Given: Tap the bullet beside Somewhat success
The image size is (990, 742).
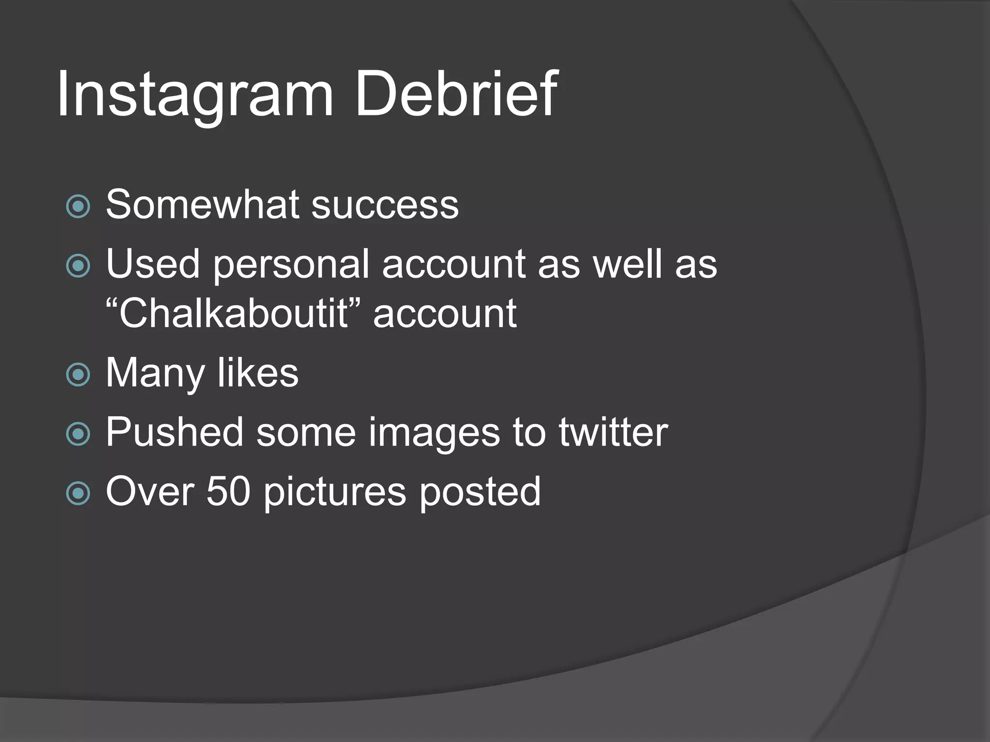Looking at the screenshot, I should [78, 207].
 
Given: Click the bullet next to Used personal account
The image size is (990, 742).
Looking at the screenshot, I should [78, 266].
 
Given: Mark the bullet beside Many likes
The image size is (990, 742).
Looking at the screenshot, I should [78, 375].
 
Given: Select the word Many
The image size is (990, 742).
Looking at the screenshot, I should [155, 373].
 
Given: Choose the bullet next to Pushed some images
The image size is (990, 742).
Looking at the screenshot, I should [78, 434].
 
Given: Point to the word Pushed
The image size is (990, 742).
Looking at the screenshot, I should [175, 432].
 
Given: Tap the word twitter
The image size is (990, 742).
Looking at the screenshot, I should [613, 432].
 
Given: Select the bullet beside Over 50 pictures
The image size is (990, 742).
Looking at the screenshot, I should [78, 493].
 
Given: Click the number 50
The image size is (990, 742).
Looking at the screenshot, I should [229, 491].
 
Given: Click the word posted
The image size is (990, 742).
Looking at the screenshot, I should [480, 492].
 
